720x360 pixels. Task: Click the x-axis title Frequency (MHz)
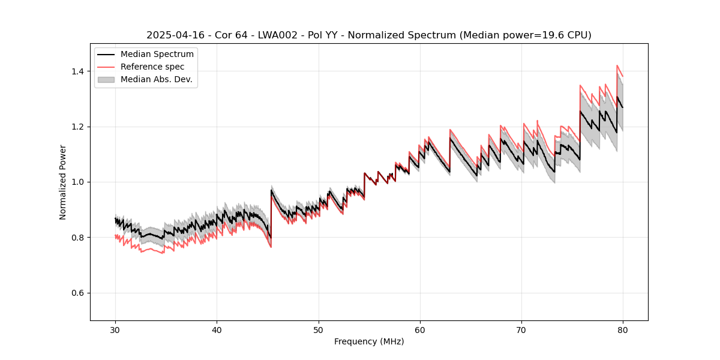coord(369,341)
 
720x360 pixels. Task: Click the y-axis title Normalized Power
coord(63,182)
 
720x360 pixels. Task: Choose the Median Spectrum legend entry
coord(157,54)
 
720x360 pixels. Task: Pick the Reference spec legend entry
coord(152,67)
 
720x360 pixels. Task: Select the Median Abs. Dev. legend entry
coord(156,79)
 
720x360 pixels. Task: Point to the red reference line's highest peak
coord(617,65)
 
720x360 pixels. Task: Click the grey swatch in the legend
coord(107,79)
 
